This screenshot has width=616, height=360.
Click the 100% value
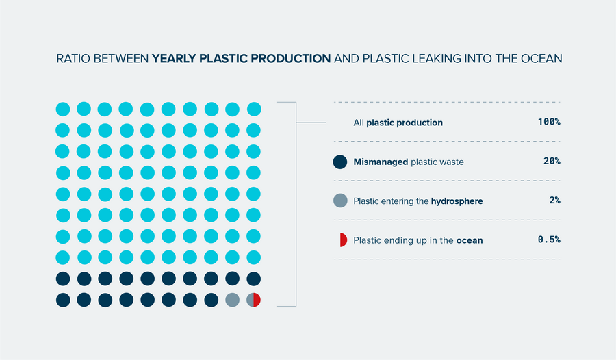(x=549, y=122)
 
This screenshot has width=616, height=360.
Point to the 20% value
(x=552, y=162)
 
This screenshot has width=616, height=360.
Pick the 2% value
(x=554, y=201)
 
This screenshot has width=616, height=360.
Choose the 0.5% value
(x=549, y=240)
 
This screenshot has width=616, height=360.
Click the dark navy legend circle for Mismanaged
(x=340, y=162)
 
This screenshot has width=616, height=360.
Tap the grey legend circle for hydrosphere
(x=340, y=201)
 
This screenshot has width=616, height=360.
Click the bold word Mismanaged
(x=381, y=162)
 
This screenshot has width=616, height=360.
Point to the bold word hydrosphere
(x=457, y=201)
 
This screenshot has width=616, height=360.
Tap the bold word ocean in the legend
(x=470, y=240)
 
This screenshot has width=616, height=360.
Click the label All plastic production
(x=398, y=123)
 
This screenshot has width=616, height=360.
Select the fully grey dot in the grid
(x=233, y=300)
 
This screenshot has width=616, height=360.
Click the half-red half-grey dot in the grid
(x=254, y=300)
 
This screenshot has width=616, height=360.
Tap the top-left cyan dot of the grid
(x=62, y=109)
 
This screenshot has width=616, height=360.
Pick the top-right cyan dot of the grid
(x=254, y=109)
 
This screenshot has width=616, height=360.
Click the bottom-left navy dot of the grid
(x=62, y=300)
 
